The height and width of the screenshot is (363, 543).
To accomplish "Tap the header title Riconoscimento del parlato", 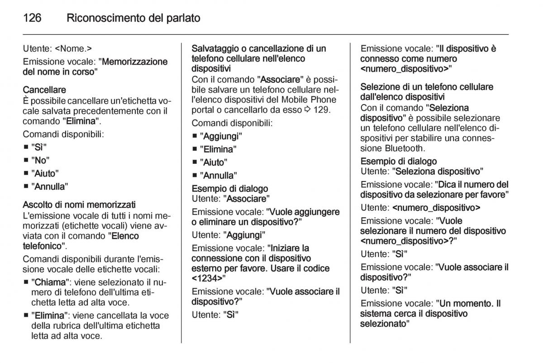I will pos(133,19).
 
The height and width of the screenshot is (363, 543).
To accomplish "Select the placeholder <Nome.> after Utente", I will pos(74,48).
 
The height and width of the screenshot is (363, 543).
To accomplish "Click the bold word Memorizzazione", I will pos(135,62).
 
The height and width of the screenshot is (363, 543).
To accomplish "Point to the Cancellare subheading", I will pos(44,91).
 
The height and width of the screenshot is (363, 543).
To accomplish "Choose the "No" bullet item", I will pos(40,160).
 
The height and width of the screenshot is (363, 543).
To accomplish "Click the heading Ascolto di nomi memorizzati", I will pos(79,205).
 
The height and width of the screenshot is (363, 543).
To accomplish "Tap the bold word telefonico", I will pos(42,246).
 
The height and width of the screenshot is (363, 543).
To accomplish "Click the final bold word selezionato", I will pos(383,324).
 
